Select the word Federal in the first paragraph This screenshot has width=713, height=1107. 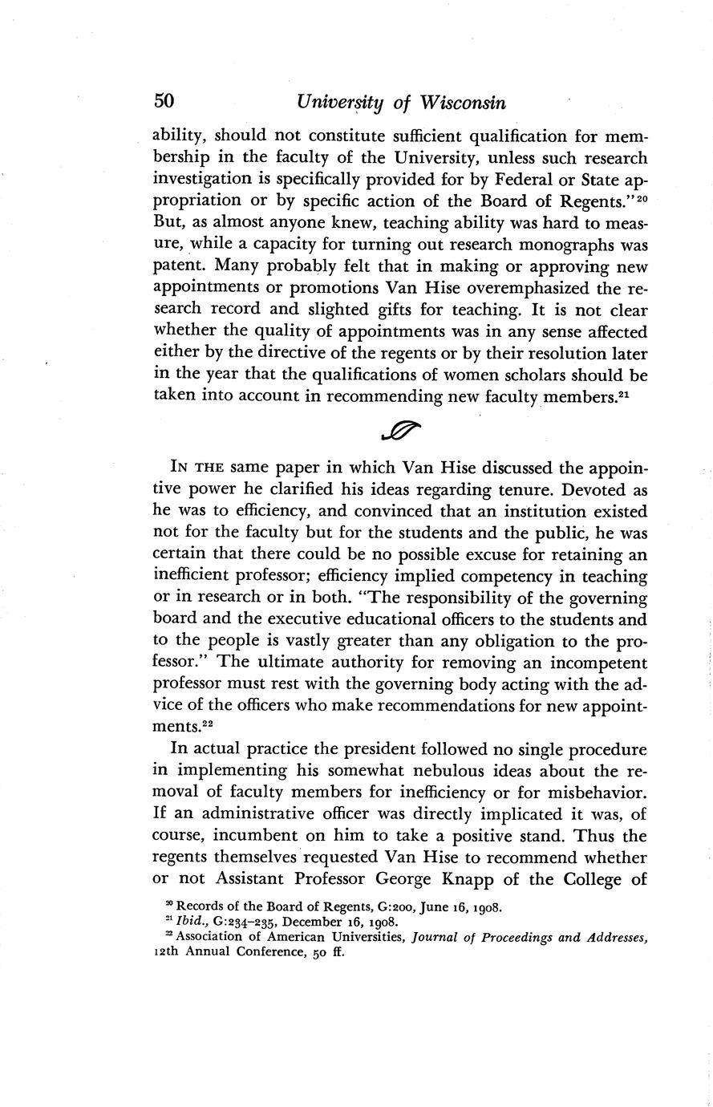tap(496, 179)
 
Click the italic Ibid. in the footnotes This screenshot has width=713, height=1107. tap(195, 922)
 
